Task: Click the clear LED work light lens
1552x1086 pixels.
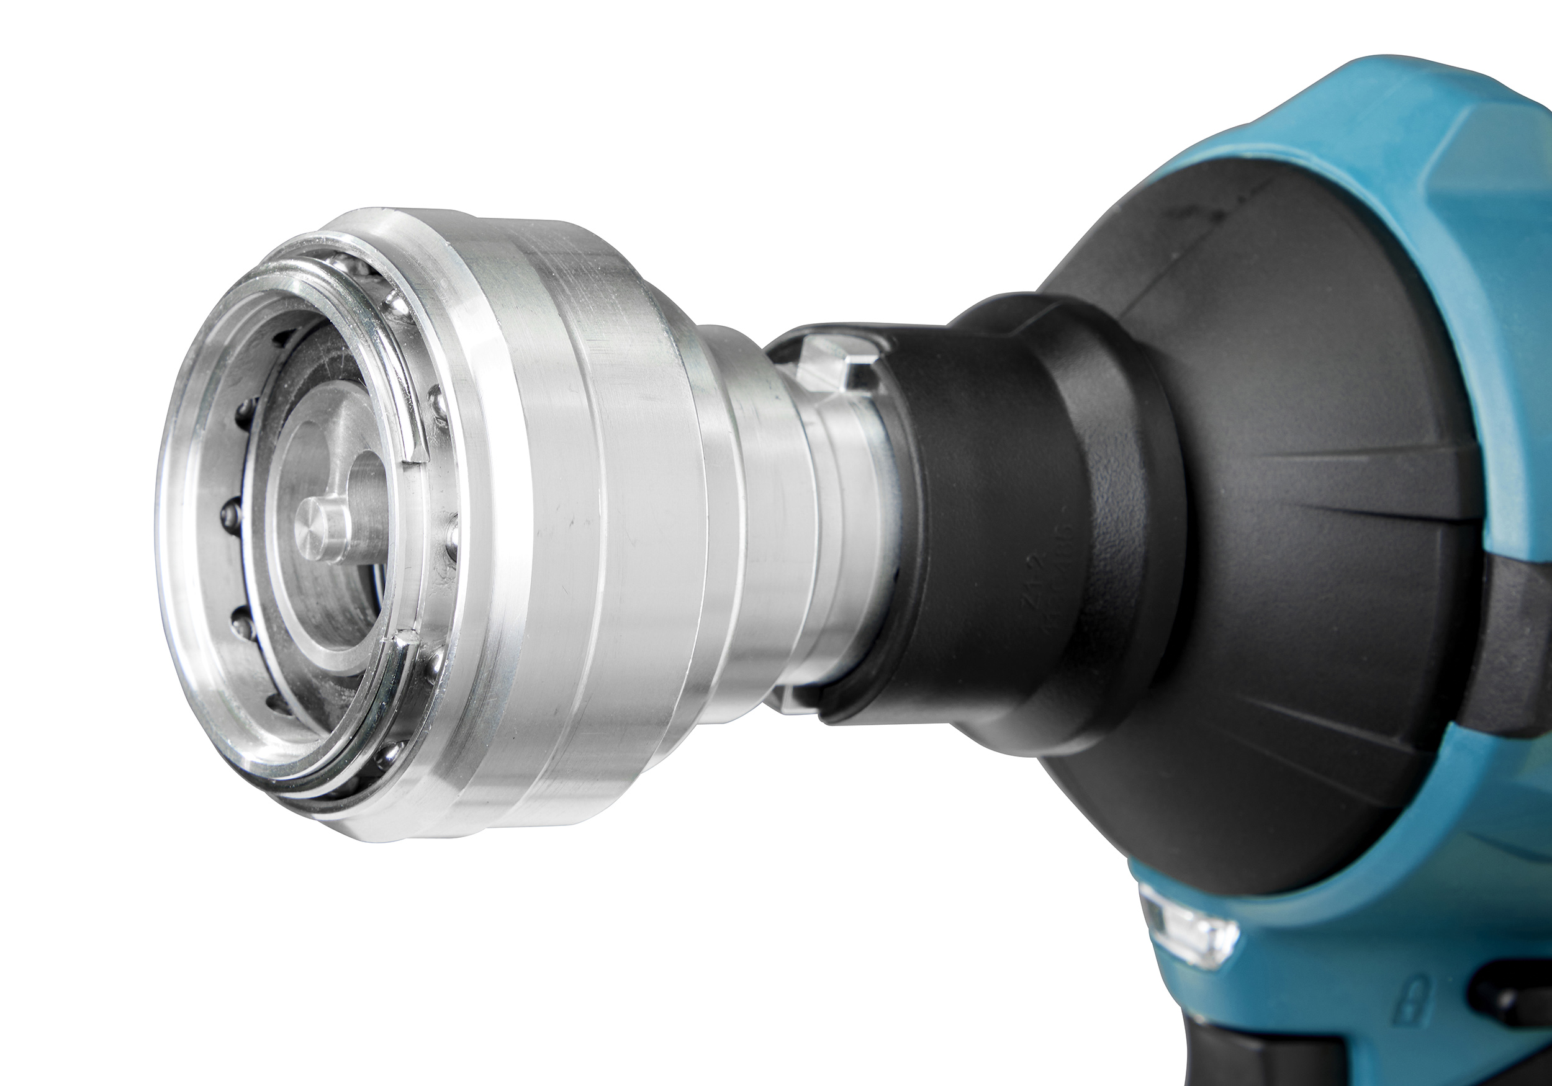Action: [1189, 927]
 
